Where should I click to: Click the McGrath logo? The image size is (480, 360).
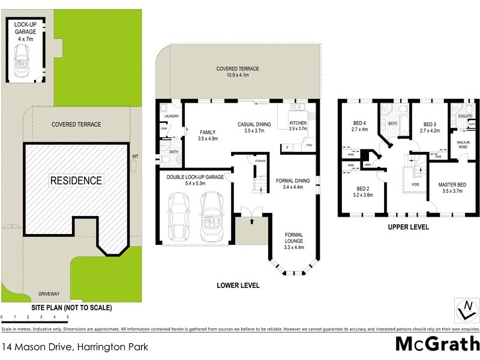437,344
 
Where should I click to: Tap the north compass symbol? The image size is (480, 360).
467,310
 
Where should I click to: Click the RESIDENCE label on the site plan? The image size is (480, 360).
76,180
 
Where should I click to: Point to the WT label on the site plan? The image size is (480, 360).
135,157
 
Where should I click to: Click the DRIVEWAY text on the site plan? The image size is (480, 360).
49,293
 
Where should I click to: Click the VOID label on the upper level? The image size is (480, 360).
414,184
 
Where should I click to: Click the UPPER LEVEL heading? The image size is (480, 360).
408,227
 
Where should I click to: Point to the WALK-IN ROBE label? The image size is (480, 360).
463,146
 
